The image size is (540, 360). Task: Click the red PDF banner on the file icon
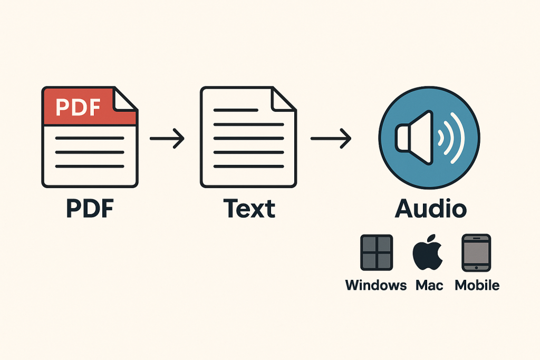pyautogui.click(x=79, y=107)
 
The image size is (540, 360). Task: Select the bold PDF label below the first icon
pyautogui.click(x=90, y=209)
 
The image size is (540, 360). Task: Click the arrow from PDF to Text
pyautogui.click(x=167, y=139)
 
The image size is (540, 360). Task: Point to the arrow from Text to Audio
pyautogui.click(x=331, y=139)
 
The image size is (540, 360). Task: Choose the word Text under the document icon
pyautogui.click(x=249, y=209)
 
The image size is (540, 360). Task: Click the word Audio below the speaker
pyautogui.click(x=431, y=209)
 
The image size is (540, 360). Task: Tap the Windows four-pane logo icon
pyautogui.click(x=376, y=252)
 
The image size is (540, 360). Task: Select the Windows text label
pyautogui.click(x=376, y=286)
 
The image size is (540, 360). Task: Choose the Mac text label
pyautogui.click(x=429, y=286)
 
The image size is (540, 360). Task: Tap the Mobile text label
pyautogui.click(x=477, y=286)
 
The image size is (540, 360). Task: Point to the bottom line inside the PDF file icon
pyautogui.click(x=90, y=167)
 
